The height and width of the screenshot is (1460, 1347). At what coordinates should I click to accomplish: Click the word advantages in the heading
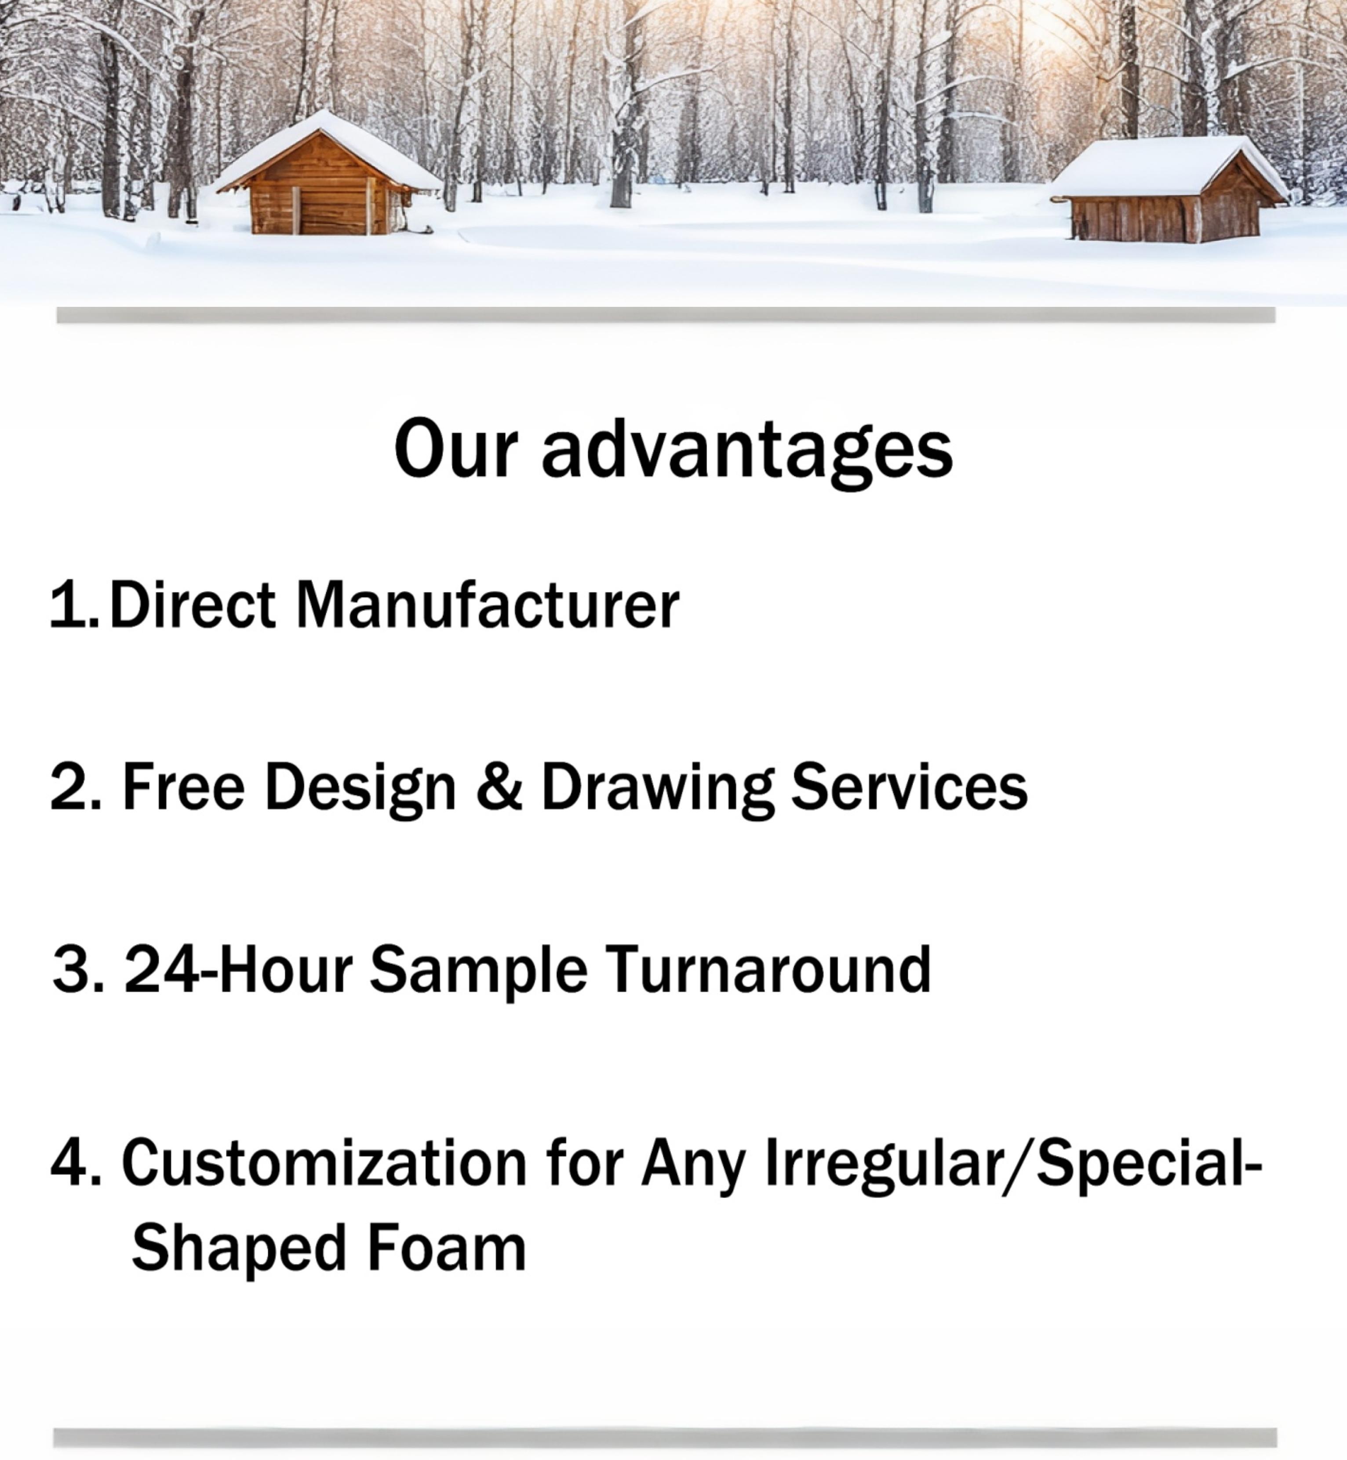pyautogui.click(x=746, y=453)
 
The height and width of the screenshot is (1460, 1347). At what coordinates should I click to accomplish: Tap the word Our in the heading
pyautogui.click(x=455, y=448)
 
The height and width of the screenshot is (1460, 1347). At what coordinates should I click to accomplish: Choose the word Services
pyautogui.click(x=910, y=786)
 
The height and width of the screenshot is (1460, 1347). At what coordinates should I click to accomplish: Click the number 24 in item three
pyautogui.click(x=161, y=968)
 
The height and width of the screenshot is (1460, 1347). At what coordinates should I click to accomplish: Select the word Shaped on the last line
pyautogui.click(x=238, y=1252)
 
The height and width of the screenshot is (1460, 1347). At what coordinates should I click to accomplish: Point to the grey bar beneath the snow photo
pyautogui.click(x=666, y=315)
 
